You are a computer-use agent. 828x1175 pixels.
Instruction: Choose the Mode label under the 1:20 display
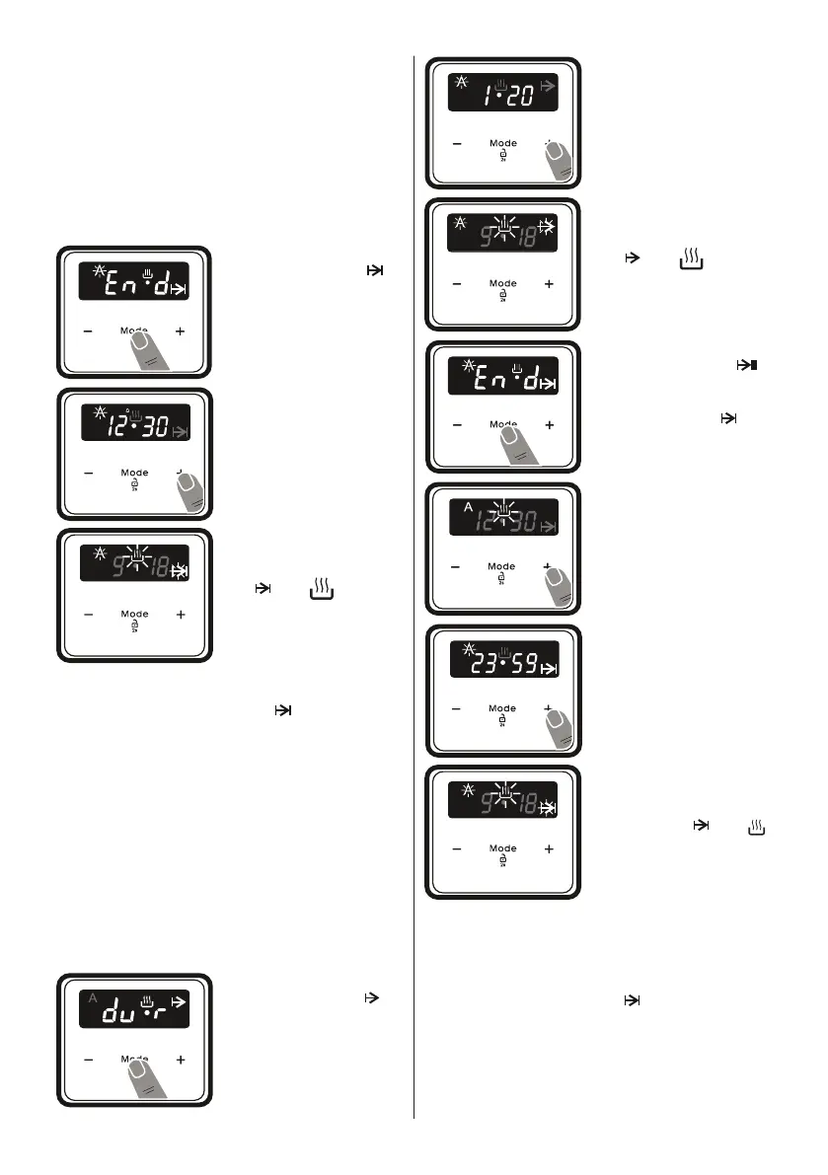click(x=502, y=144)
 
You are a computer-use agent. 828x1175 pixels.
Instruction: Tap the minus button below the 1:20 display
click(x=457, y=144)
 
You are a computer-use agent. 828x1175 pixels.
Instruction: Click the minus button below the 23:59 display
click(x=457, y=708)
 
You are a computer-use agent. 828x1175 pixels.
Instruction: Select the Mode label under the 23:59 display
click(x=502, y=708)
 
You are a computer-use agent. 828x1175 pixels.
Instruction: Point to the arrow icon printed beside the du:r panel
click(x=372, y=997)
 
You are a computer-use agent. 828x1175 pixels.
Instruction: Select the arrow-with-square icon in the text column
click(x=746, y=365)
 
